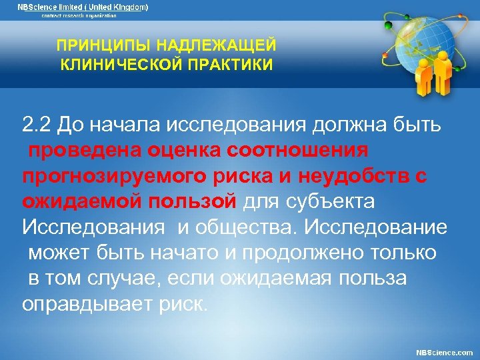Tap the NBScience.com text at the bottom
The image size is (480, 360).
(x=444, y=351)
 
